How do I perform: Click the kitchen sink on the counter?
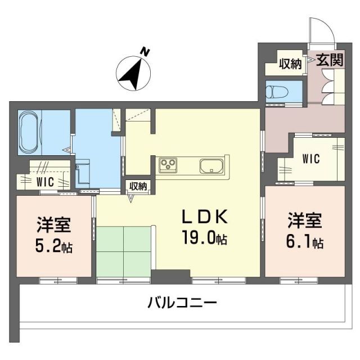click(212, 166)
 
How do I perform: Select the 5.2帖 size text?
click(54, 246)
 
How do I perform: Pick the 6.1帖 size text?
click(304, 242)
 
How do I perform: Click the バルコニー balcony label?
click(182, 304)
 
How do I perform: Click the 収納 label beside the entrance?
click(290, 64)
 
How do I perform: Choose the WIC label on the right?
click(310, 159)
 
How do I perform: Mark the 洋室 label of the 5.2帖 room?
click(53, 225)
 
